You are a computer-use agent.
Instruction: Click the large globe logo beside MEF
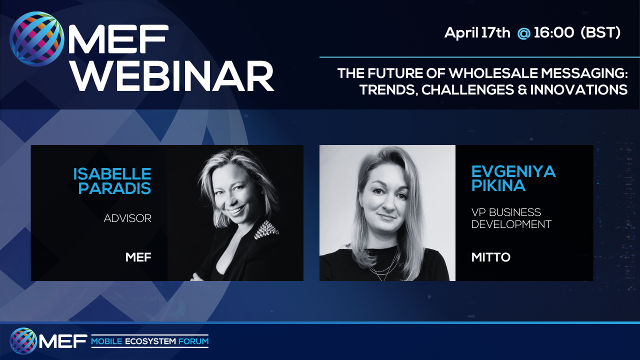[x=37, y=39]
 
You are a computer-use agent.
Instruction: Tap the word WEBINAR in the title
[x=171, y=76]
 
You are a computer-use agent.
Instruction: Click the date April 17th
[x=477, y=33]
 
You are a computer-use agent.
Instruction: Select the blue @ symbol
[x=523, y=33]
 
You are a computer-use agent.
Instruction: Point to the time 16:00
[x=553, y=32]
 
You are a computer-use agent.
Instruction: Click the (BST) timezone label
[x=601, y=32]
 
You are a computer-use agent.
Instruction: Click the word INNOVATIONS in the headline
[x=579, y=89]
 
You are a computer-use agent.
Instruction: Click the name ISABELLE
[x=112, y=174]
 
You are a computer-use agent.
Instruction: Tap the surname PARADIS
[x=114, y=188]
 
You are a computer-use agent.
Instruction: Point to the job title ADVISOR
[x=127, y=218]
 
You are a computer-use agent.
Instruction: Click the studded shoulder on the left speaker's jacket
[x=266, y=229]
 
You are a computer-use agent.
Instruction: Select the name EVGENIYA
[x=513, y=171]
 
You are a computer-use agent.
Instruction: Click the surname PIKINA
[x=498, y=185]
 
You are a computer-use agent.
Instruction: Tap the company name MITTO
[x=491, y=257]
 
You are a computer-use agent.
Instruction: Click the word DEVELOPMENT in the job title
[x=511, y=224]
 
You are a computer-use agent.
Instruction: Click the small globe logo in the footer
[x=23, y=341]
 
